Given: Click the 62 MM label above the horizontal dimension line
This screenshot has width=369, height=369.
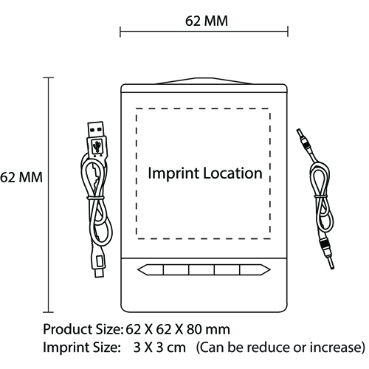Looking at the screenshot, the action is pyautogui.click(x=207, y=21).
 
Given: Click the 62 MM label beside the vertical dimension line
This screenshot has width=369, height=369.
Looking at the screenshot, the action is pyautogui.click(x=21, y=177).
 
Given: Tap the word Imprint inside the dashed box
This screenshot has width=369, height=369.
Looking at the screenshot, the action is pyautogui.click(x=173, y=173).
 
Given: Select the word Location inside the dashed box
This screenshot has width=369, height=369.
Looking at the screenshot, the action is pyautogui.click(x=232, y=173).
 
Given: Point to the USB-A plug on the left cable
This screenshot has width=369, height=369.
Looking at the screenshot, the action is pyautogui.click(x=97, y=139).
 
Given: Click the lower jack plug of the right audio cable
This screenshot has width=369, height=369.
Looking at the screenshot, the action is pyautogui.click(x=327, y=253).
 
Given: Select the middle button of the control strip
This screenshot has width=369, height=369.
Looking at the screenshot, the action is pyautogui.click(x=201, y=270).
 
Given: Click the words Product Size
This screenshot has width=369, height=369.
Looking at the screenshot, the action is pyautogui.click(x=83, y=330).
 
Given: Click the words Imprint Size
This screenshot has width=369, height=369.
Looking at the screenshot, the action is pyautogui.click(x=80, y=348).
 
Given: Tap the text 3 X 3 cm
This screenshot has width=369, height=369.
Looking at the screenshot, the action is pyautogui.click(x=159, y=348).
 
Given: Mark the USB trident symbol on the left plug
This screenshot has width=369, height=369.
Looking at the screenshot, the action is pyautogui.click(x=97, y=146).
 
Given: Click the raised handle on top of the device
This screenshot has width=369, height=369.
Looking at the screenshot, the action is pyautogui.click(x=204, y=81).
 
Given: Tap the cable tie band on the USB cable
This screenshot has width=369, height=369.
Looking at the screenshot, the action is pyautogui.click(x=95, y=198).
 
